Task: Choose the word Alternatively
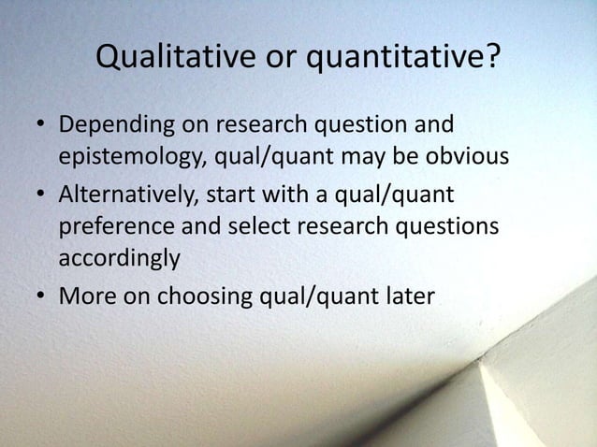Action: pos(131,196)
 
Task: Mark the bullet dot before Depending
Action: pos(40,126)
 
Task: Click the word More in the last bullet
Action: pos(87,298)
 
